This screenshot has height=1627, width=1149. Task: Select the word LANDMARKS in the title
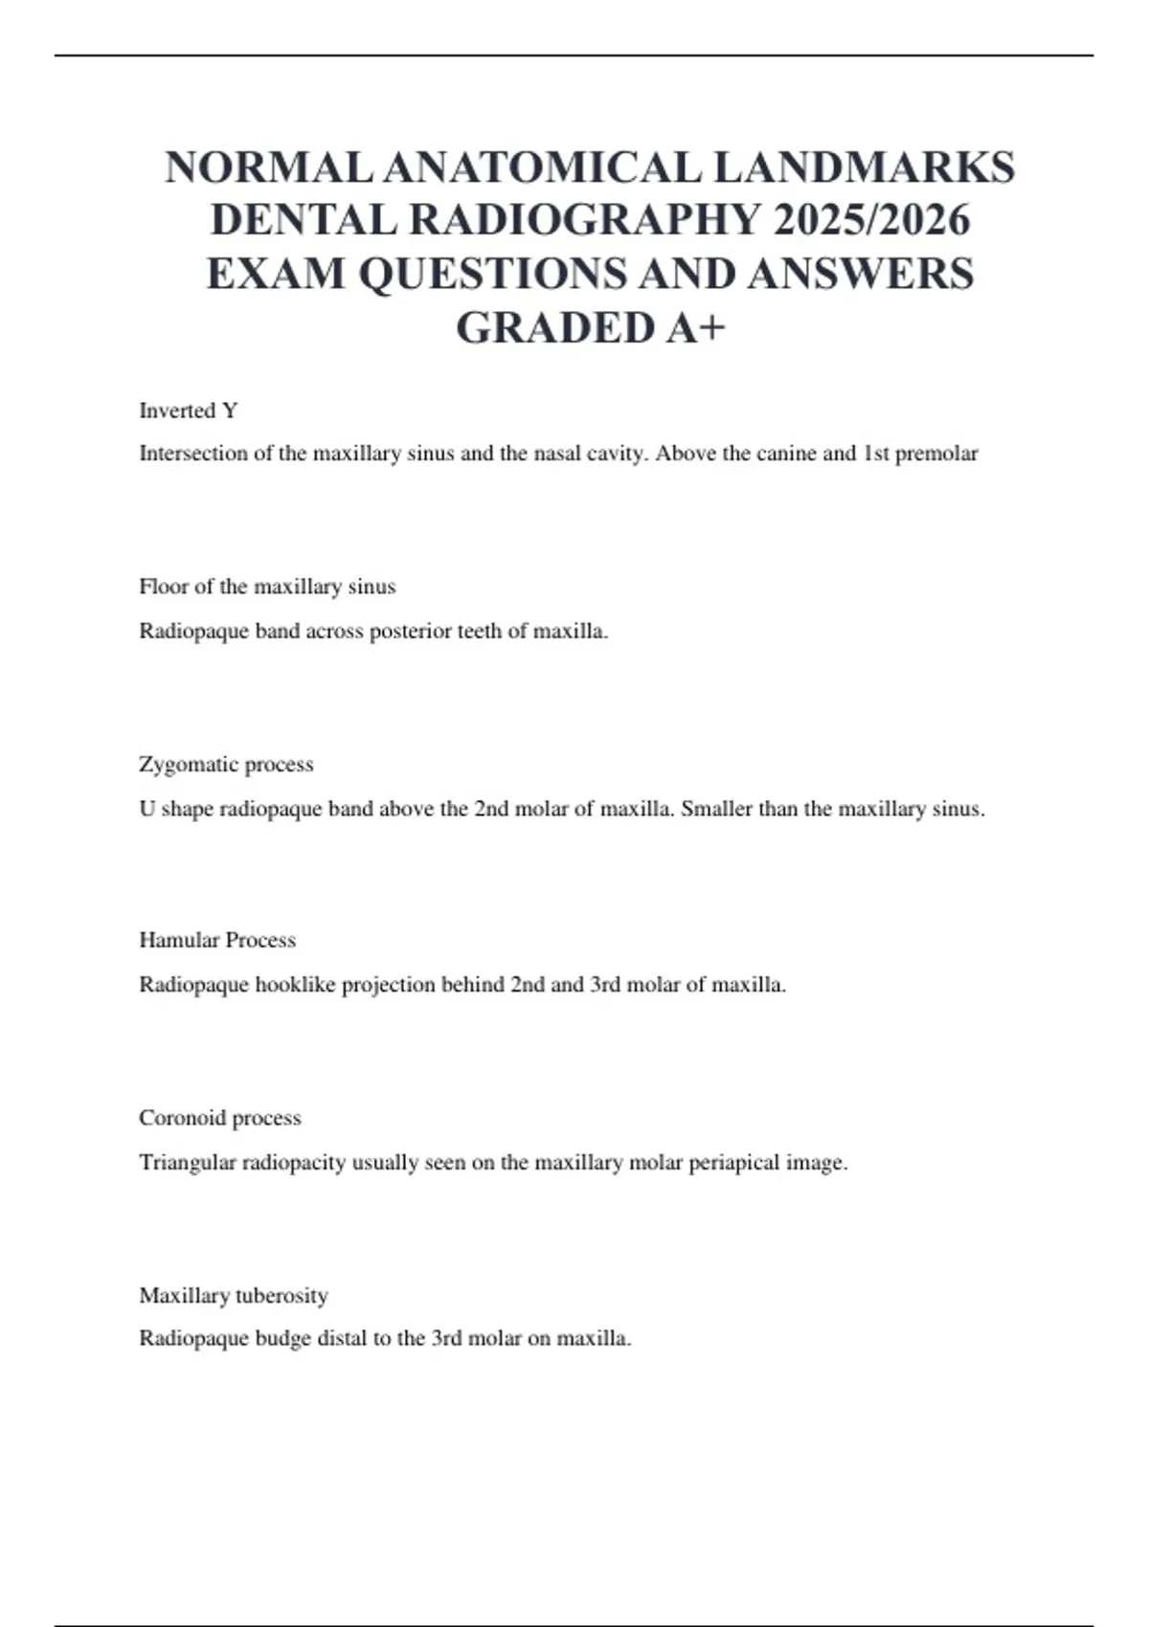coord(864,168)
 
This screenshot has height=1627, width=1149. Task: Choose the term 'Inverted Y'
coord(189,411)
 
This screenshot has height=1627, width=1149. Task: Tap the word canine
coord(787,454)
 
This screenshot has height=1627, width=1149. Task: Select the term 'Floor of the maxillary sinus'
coord(267,587)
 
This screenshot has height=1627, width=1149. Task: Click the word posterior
coord(415,632)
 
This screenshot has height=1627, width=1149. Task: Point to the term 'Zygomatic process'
coord(226,765)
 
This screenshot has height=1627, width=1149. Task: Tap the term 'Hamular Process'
coord(217,940)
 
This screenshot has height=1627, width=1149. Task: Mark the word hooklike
coord(295,985)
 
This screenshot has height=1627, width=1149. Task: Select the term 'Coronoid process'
coord(220,1118)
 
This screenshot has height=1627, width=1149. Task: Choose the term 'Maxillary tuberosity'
coord(234,1296)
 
